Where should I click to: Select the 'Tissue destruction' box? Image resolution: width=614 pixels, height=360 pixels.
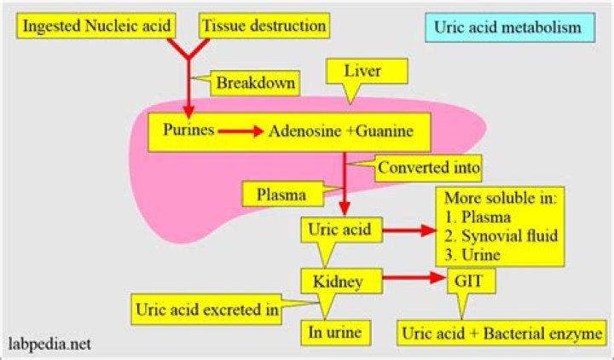(264, 26)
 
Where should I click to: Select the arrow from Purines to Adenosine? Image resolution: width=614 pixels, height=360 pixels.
(240, 132)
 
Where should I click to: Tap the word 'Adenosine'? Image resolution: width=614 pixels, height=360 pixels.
(306, 132)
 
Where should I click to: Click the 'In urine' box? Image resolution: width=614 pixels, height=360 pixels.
(339, 332)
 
